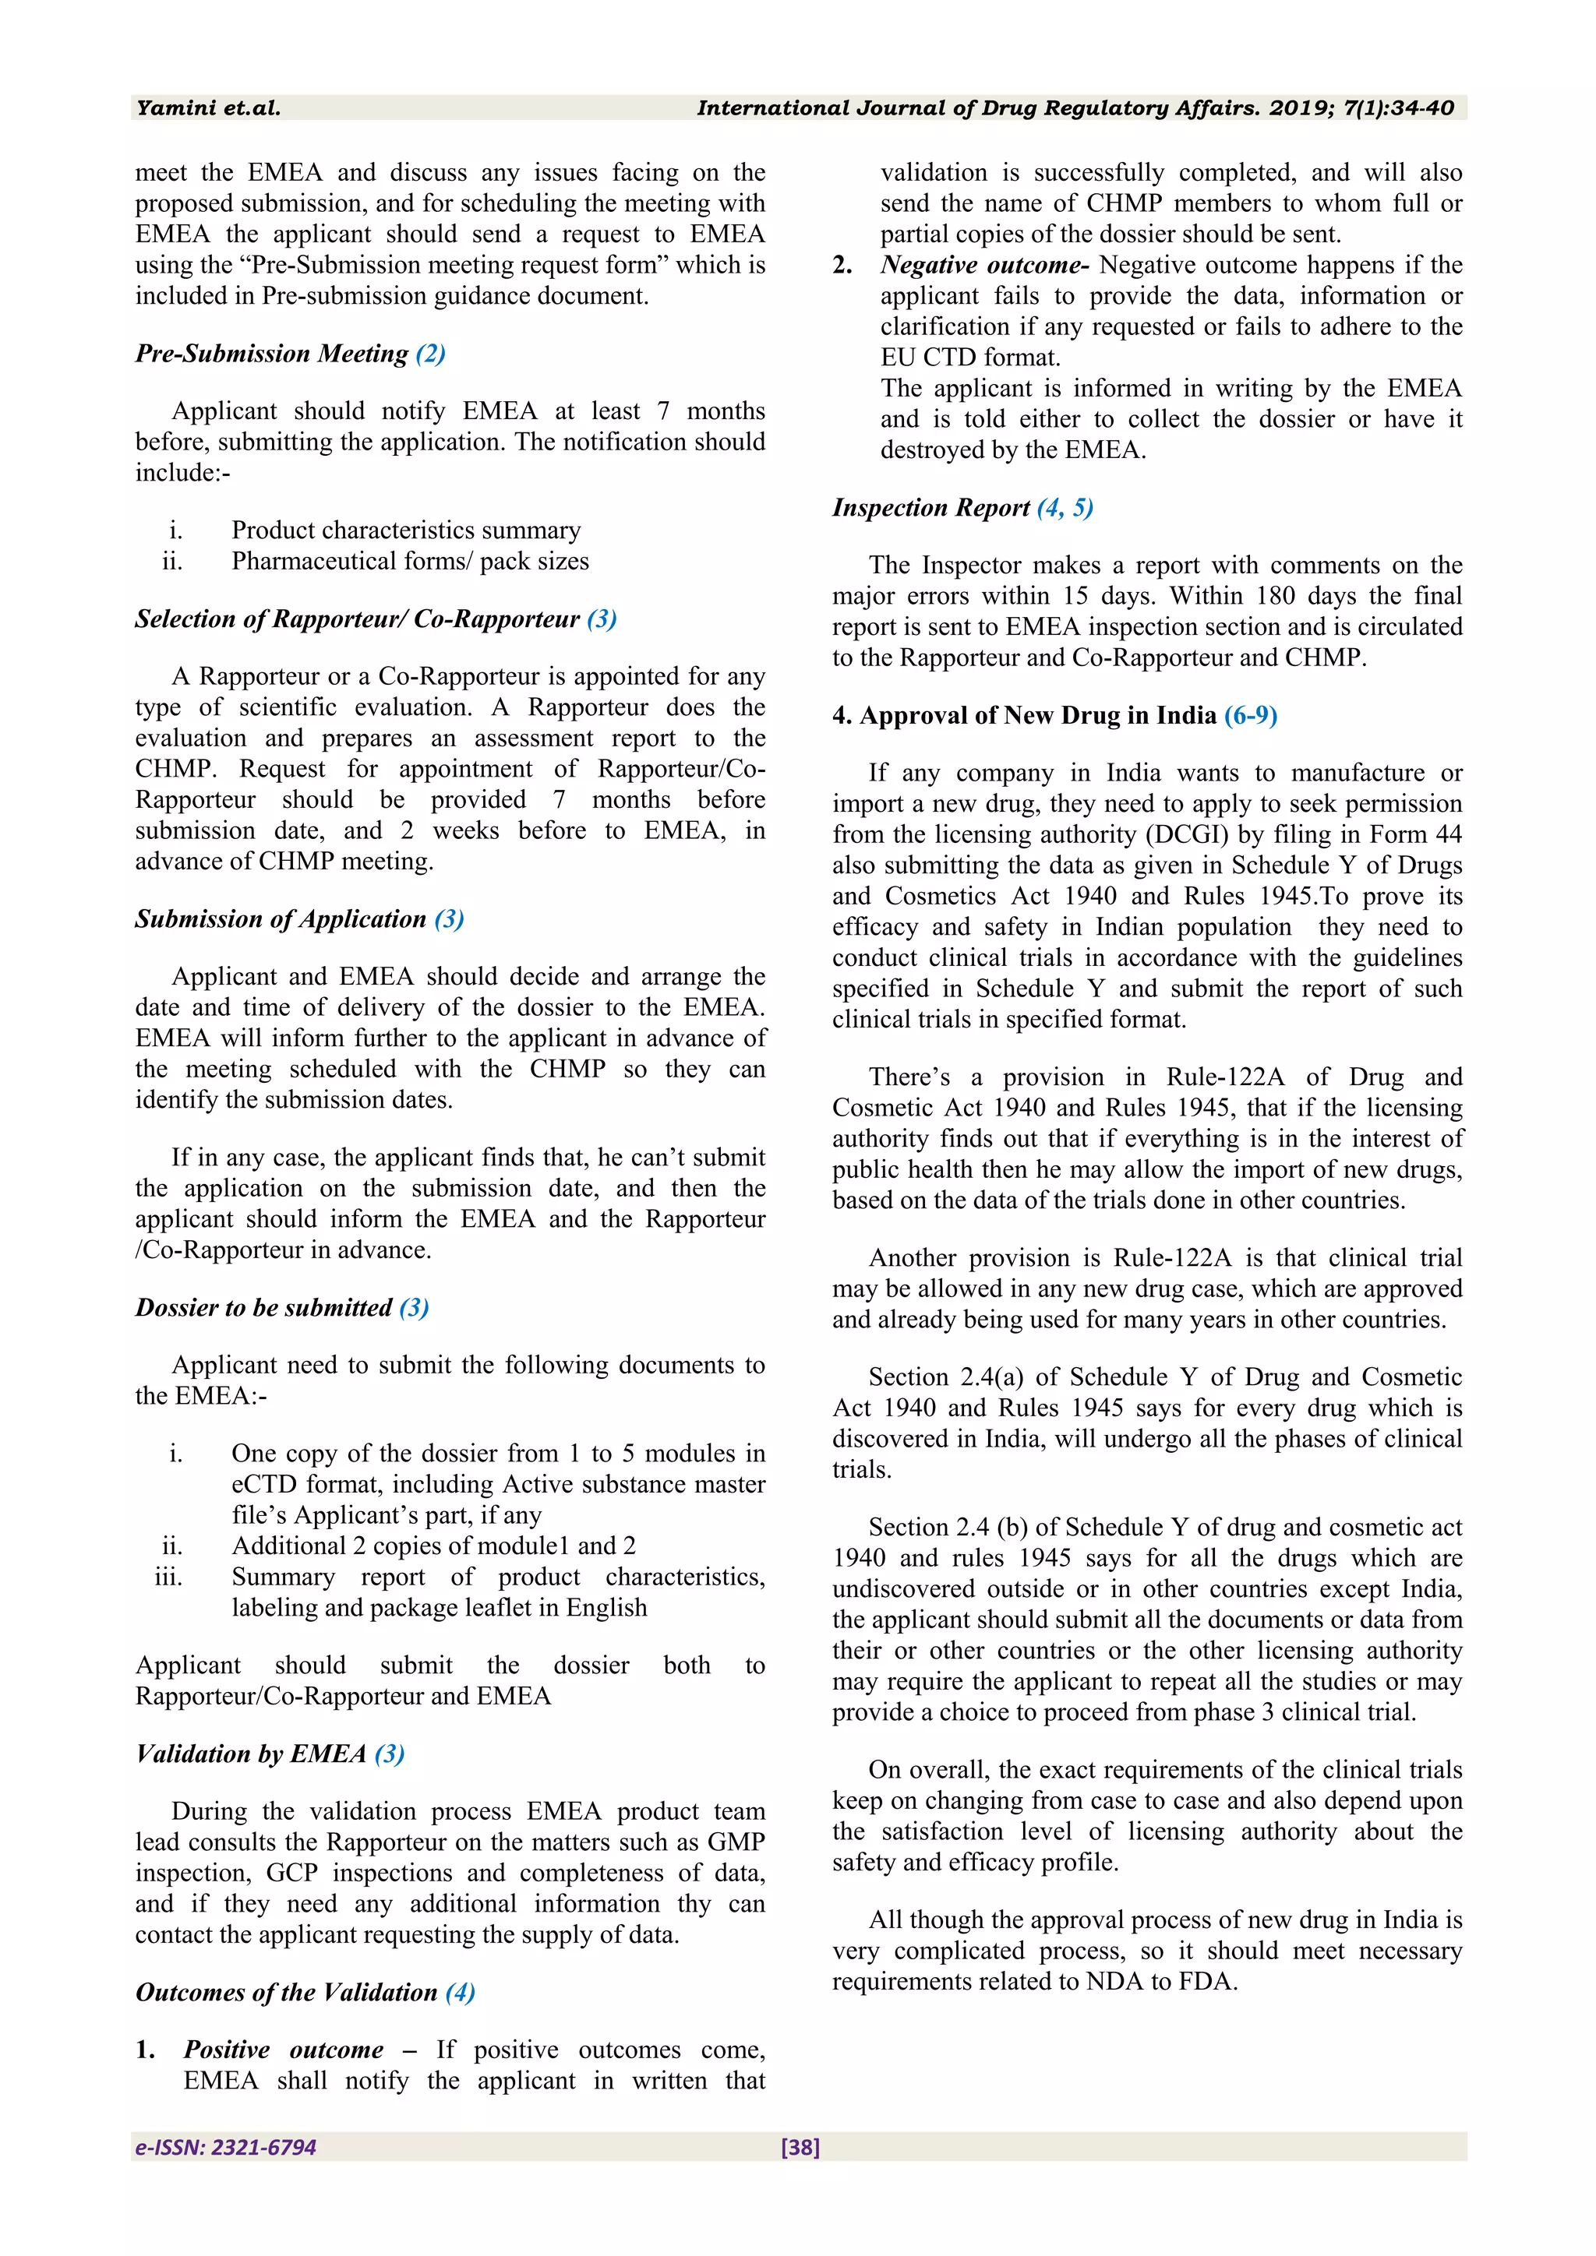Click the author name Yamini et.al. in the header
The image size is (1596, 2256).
[x=208, y=108]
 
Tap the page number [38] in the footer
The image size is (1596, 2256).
[x=800, y=2147]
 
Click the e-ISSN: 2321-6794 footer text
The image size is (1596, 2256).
[x=226, y=2147]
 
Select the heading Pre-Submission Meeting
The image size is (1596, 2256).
[x=272, y=354]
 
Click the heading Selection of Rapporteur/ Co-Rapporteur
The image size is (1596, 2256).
[x=358, y=619]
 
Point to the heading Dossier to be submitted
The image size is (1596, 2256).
[x=263, y=1308]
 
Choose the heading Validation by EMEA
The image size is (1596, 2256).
[x=252, y=1754]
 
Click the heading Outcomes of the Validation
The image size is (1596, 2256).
[x=286, y=1993]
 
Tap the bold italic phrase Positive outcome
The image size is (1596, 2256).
[x=283, y=2050]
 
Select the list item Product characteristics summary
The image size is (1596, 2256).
[x=406, y=531]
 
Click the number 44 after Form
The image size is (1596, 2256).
[x=1446, y=834]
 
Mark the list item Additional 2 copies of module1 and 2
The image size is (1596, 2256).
[x=433, y=1546]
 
